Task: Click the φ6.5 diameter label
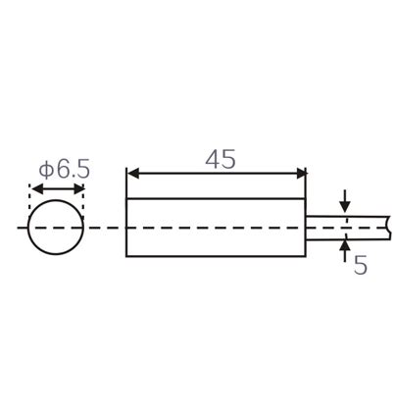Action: tap(64, 169)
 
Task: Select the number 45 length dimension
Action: tap(220, 159)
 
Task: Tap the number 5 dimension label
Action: tap(361, 265)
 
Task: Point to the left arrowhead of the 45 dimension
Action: tap(133, 175)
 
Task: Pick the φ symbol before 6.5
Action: tap(45, 169)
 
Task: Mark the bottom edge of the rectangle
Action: tap(216, 257)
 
